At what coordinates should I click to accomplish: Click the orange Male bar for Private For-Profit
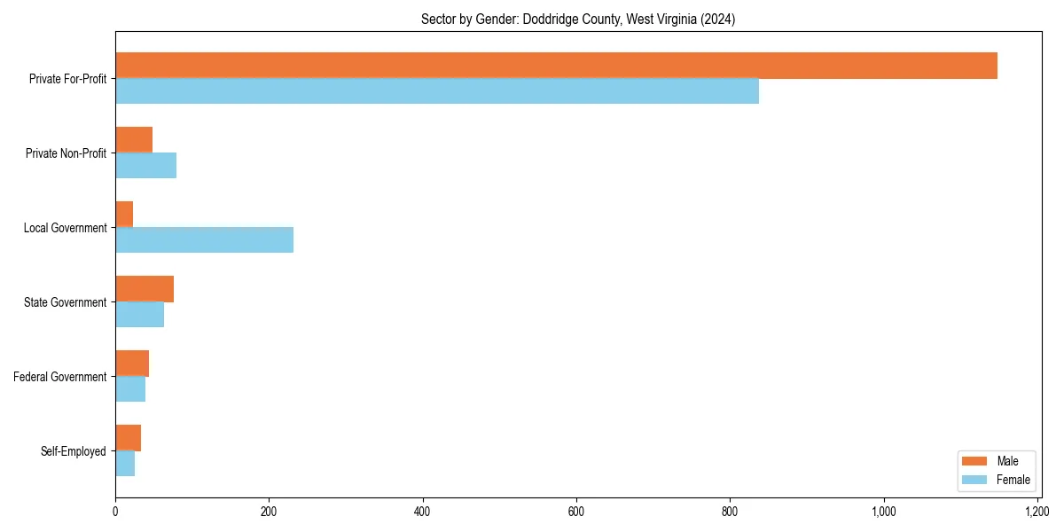pos(556,66)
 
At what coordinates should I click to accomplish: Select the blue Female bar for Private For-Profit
pos(437,91)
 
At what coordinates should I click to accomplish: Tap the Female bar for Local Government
pos(204,240)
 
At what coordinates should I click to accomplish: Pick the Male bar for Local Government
pos(124,215)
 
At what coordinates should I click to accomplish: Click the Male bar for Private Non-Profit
pos(134,140)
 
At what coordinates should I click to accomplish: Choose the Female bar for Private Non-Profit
pos(145,166)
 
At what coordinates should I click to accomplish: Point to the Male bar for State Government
pos(145,289)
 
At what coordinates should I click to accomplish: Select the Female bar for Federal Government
pos(130,389)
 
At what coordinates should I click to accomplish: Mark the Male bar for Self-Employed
pos(128,438)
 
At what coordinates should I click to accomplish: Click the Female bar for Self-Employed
pos(125,464)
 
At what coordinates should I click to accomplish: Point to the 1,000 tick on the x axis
pos(883,512)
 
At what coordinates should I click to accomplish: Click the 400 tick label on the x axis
pos(422,512)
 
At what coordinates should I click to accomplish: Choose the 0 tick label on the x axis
pos(115,512)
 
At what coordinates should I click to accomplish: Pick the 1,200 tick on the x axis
pos(1037,512)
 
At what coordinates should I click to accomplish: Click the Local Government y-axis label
pos(65,228)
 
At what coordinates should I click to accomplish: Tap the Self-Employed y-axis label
pos(74,451)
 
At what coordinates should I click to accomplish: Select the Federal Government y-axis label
pos(60,377)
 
